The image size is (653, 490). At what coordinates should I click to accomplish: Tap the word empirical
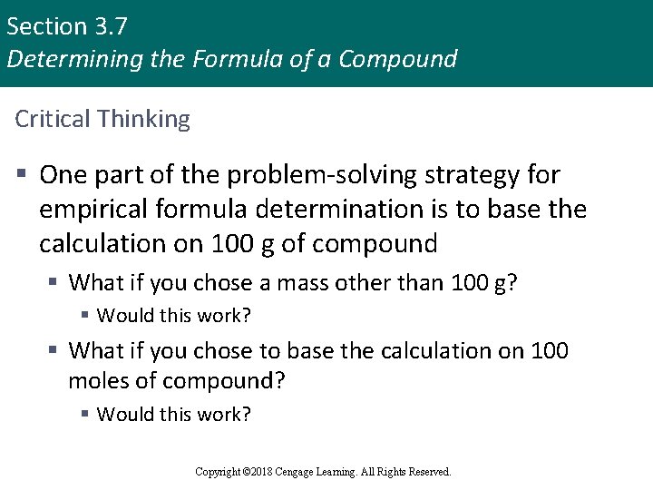click(x=96, y=210)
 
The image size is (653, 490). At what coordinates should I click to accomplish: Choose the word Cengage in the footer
click(x=305, y=471)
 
